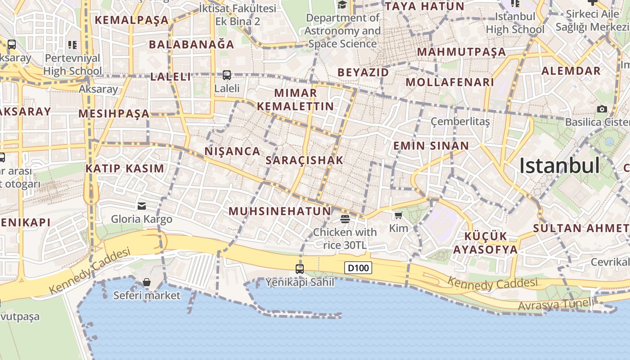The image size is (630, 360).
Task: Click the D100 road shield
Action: point(359,268)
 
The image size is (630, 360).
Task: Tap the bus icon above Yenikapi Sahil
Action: point(300,269)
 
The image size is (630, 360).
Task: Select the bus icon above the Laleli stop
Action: point(227,75)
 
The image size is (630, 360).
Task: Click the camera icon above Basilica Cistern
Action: point(602,109)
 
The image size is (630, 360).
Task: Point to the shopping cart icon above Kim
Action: point(398,216)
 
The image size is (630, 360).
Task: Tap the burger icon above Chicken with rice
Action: point(345,219)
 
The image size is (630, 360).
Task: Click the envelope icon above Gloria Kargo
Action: point(142,206)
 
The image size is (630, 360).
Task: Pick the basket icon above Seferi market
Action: point(147,282)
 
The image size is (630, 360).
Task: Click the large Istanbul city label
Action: point(559,166)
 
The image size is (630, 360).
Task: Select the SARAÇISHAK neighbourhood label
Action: point(305,160)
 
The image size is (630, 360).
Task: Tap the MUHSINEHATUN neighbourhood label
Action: point(280,211)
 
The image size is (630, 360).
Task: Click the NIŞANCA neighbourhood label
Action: point(233,151)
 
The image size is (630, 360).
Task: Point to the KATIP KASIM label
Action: point(125,169)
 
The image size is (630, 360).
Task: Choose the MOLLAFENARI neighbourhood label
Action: point(450,82)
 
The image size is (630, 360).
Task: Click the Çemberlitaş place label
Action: point(460,121)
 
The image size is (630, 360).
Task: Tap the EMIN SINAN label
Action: point(431,146)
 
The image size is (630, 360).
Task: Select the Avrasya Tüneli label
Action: point(556,305)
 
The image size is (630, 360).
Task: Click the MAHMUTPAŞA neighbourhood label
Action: point(462,52)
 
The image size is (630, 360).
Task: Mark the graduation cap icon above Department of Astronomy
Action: point(342,5)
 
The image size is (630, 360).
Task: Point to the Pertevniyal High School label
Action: point(73,64)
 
